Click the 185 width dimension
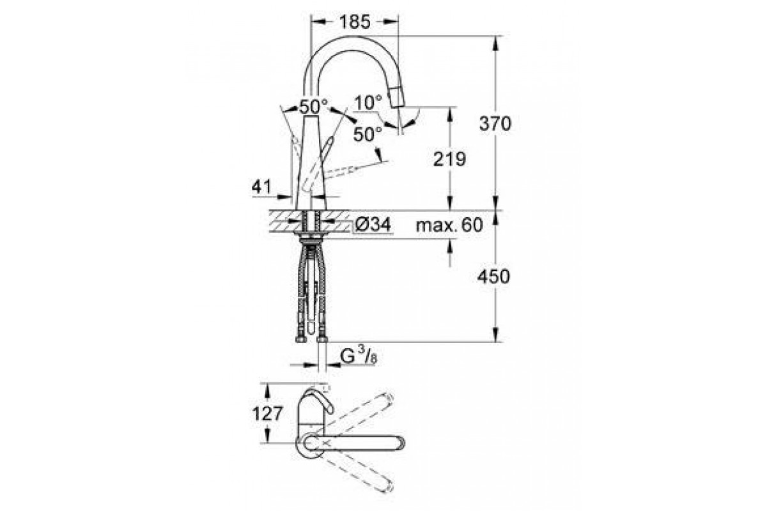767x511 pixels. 355,22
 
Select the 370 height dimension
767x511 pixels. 495,123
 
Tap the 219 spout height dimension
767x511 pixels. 449,159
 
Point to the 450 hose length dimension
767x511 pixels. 493,276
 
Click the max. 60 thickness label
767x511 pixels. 449,225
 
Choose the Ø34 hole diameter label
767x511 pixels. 373,225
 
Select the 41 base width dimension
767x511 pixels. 261,187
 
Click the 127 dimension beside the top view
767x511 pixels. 268,413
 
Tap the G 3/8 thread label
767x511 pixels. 359,356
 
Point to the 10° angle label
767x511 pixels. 368,102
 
